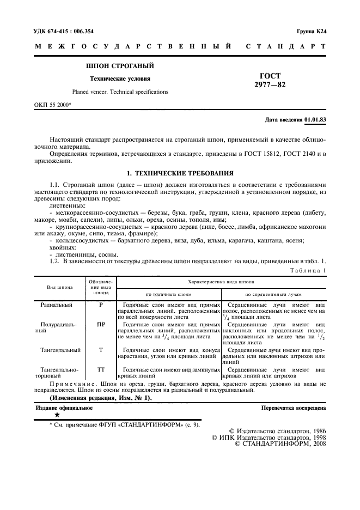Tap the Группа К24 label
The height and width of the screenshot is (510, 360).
pos(311,32)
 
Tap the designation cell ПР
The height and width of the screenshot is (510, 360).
pos(101,325)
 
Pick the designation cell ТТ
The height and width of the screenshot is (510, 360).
pos(101,369)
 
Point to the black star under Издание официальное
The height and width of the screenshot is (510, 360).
pos(57,415)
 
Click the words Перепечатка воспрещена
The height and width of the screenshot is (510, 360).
pos(293,407)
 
